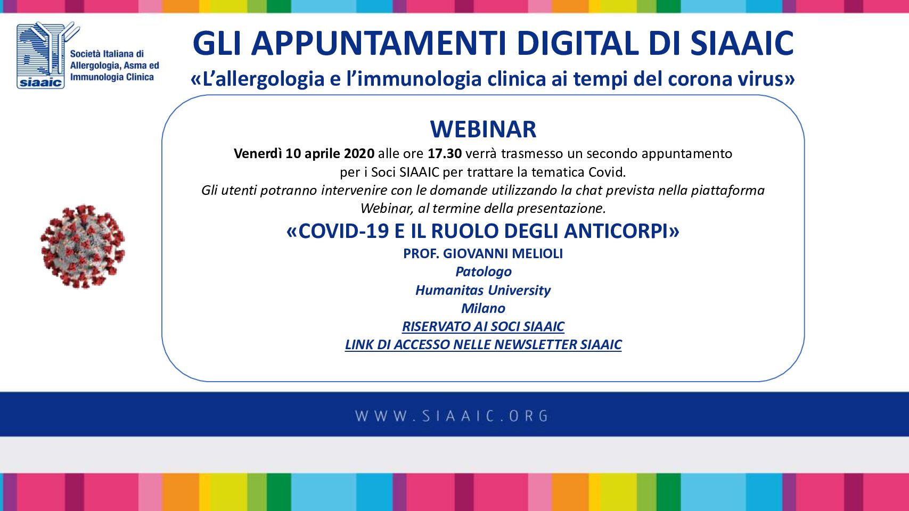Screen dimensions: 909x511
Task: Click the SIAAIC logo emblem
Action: [45, 55]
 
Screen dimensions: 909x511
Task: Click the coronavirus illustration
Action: [83, 246]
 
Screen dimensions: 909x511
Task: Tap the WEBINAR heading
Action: [483, 129]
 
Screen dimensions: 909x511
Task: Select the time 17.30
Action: [445, 154]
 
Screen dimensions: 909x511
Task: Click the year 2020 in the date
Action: [359, 154]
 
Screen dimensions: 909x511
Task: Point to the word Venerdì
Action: [258, 154]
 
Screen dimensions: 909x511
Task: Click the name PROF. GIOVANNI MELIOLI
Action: [483, 253]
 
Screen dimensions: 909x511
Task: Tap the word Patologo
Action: [484, 271]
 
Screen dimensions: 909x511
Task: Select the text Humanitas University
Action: [483, 291]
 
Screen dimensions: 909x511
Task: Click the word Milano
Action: [484, 309]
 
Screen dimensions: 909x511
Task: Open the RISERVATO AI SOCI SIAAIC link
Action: [483, 326]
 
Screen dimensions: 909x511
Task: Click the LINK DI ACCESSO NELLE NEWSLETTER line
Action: [483, 345]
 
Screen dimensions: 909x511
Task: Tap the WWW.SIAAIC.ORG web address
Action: [452, 416]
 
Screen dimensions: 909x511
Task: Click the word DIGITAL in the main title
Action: [579, 43]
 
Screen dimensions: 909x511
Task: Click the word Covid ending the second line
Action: [607, 172]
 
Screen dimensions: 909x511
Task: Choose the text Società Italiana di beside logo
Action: [107, 54]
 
